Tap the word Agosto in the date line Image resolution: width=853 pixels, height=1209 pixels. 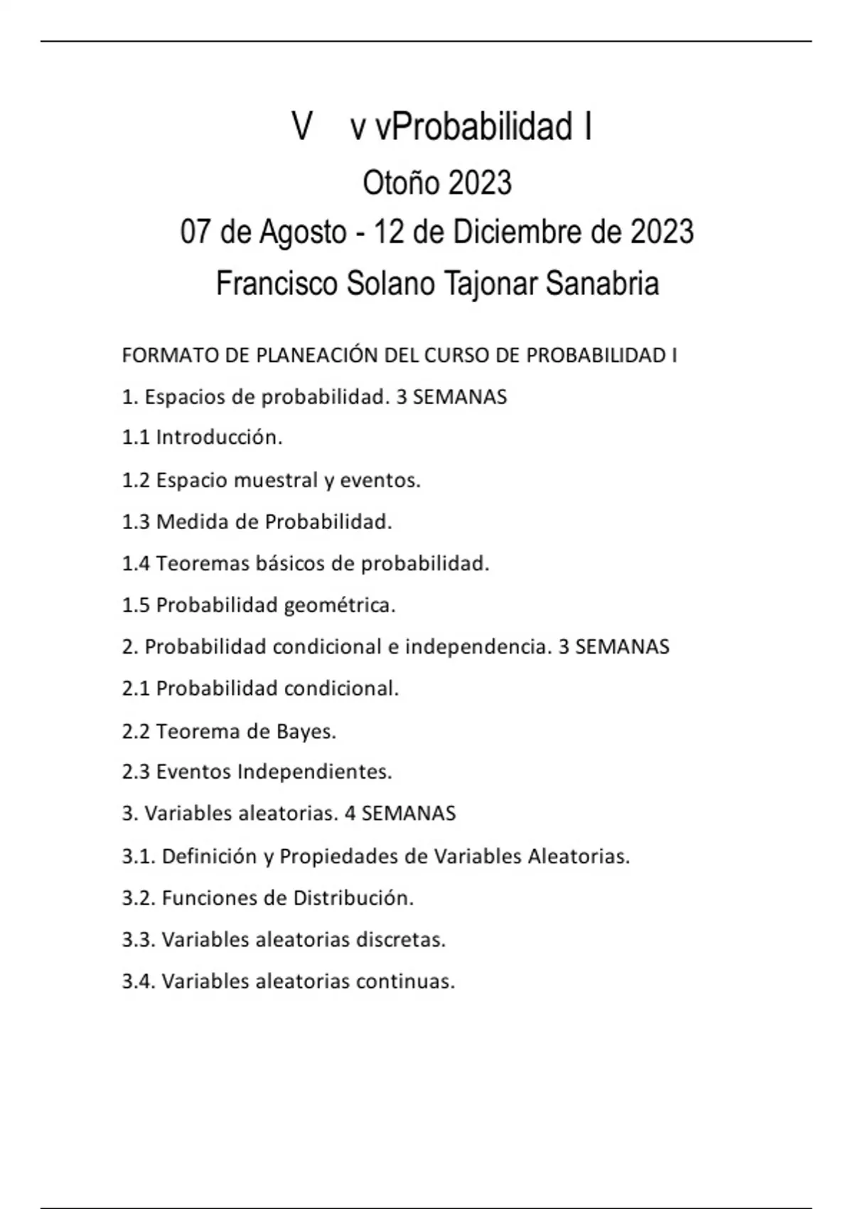coord(302,233)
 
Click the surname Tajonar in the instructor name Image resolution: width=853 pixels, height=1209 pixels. coord(490,284)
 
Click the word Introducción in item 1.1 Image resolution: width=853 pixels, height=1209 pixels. coord(219,437)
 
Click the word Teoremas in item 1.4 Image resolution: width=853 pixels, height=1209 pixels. coord(195,564)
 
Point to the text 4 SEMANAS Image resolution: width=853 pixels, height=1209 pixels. coord(400,814)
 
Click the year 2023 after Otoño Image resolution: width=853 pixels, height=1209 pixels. coord(480,183)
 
